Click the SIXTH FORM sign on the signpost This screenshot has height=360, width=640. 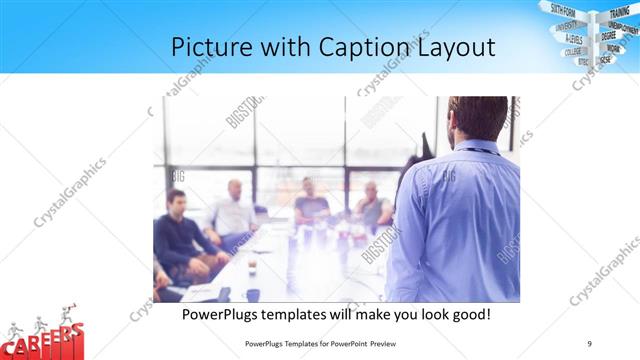[562, 10]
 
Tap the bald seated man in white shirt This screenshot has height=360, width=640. [234, 210]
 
